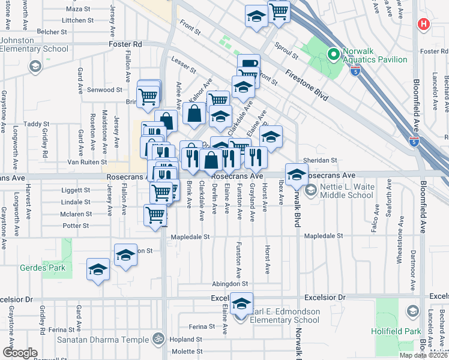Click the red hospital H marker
coord(424,25)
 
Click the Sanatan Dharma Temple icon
coord(158,338)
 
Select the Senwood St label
coord(105,89)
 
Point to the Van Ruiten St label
coord(86,162)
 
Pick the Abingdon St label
coord(229,283)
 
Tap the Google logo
coord(20,353)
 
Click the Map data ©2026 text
coord(423,355)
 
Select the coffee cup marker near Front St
coord(249,65)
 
